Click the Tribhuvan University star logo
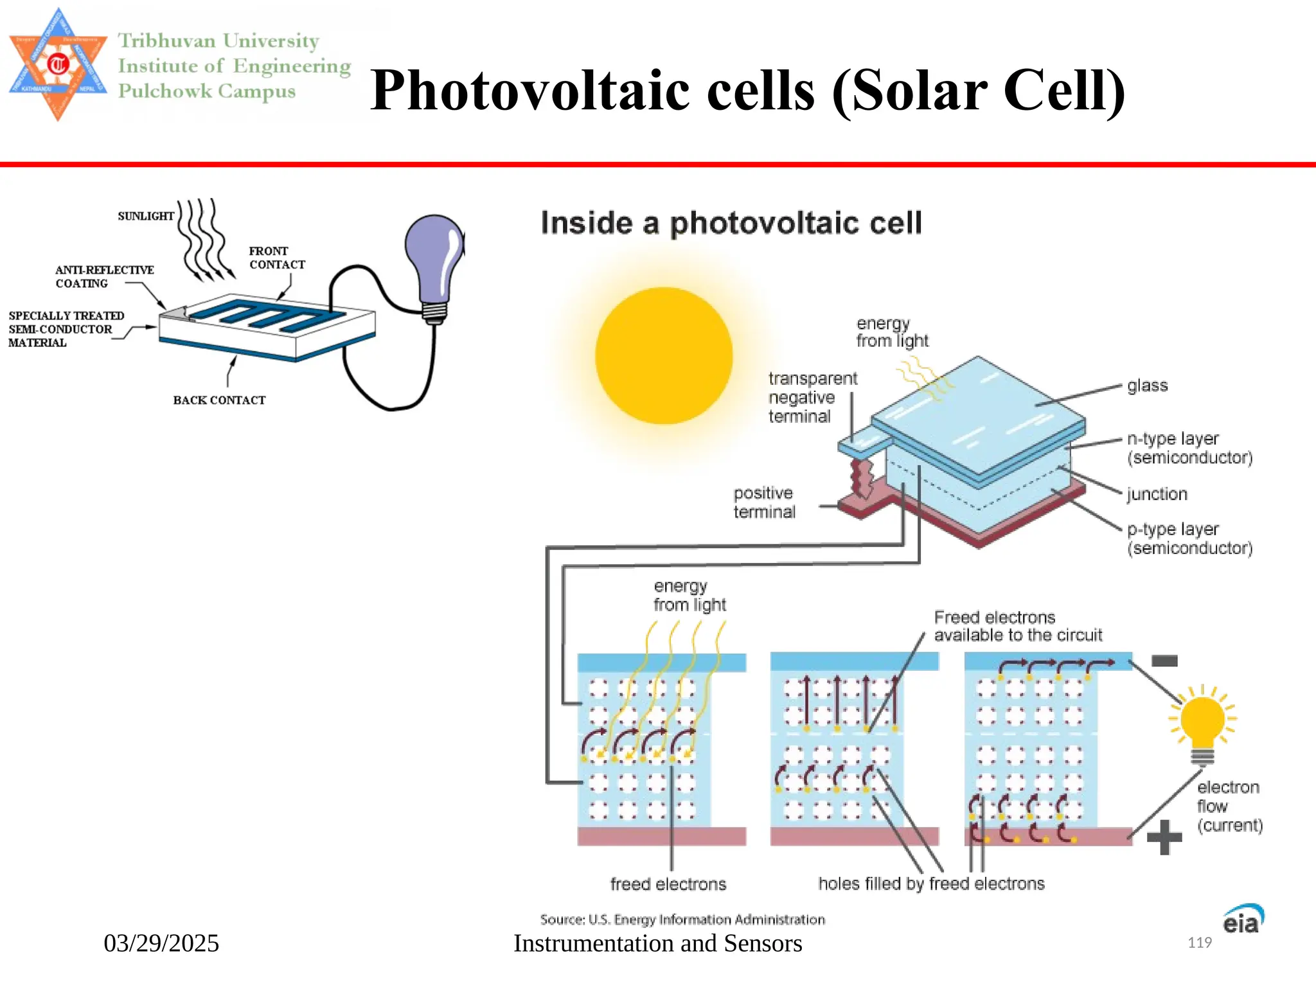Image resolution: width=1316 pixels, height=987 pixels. pos(58,64)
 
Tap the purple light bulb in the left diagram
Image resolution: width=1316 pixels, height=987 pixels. pos(434,260)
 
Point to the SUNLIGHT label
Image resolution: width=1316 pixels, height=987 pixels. pos(146,217)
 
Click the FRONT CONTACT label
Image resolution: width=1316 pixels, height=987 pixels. pos(276,258)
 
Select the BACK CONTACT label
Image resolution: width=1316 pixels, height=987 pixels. pos(219,400)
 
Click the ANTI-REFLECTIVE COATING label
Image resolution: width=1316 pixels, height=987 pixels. pos(104,277)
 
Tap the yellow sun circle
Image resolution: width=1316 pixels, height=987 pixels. pos(664,355)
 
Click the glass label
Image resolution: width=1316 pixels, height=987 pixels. pos(1147,386)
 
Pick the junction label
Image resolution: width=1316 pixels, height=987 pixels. pos(1157,494)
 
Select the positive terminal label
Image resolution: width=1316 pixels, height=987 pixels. pos(764,502)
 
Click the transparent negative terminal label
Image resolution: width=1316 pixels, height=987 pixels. pos(812,397)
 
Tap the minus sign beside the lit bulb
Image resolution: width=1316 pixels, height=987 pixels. pos(1164,661)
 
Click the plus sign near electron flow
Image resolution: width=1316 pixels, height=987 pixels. pos(1164,837)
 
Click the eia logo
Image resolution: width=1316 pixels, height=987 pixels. pos(1242,920)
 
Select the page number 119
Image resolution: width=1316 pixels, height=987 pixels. pos(1199,943)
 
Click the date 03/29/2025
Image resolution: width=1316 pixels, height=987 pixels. pos(161,943)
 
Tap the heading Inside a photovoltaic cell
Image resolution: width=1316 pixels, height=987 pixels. pos(731,224)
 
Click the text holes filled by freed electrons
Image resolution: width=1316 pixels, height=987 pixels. pos(931,884)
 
